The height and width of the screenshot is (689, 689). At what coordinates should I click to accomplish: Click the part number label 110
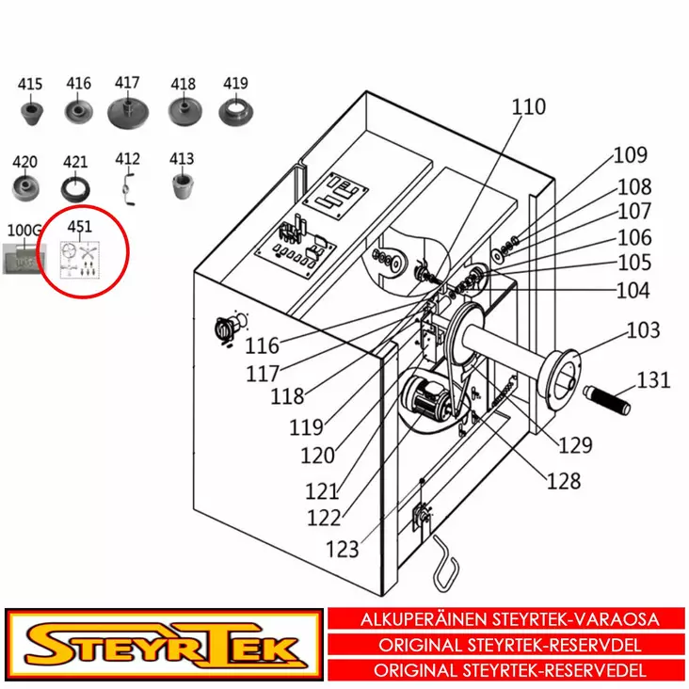pyautogui.click(x=528, y=107)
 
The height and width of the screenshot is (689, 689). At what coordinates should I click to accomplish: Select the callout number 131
pyautogui.click(x=653, y=380)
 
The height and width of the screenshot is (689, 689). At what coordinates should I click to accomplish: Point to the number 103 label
pyautogui.click(x=644, y=330)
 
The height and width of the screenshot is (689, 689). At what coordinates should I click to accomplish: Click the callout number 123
pyautogui.click(x=343, y=549)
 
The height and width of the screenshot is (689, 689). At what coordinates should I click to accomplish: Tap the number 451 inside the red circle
pyautogui.click(x=80, y=227)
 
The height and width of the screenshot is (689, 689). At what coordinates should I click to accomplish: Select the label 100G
pyautogui.click(x=24, y=231)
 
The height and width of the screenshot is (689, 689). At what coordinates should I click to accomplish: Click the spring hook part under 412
pyautogui.click(x=128, y=185)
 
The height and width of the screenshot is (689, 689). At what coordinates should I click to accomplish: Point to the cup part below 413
pyautogui.click(x=182, y=184)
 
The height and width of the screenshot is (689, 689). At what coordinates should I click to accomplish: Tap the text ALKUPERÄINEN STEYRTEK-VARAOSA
pyautogui.click(x=510, y=620)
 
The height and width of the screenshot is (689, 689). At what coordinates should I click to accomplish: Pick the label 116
pyautogui.click(x=263, y=348)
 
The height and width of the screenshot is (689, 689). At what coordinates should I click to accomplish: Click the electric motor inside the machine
pyautogui.click(x=428, y=399)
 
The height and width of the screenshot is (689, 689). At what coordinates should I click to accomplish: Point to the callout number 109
pyautogui.click(x=631, y=155)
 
